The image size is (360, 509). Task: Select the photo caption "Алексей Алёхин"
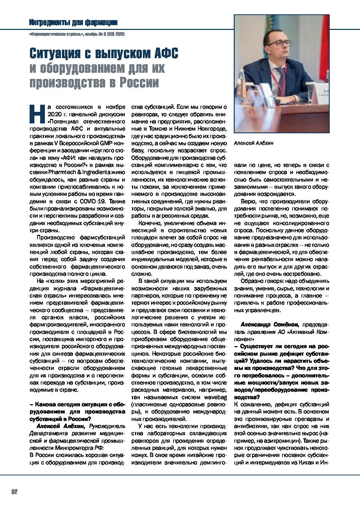pos(254,143)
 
